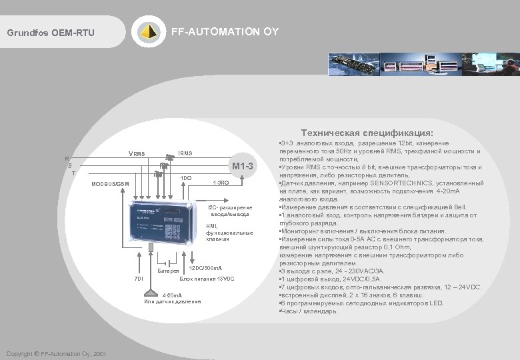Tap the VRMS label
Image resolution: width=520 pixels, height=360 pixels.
[136, 155]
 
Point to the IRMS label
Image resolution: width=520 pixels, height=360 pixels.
[184, 153]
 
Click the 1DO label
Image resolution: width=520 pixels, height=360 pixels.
[187, 178]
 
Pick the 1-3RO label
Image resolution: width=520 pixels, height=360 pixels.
[220, 183]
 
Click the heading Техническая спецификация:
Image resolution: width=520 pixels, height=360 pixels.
[366, 133]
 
